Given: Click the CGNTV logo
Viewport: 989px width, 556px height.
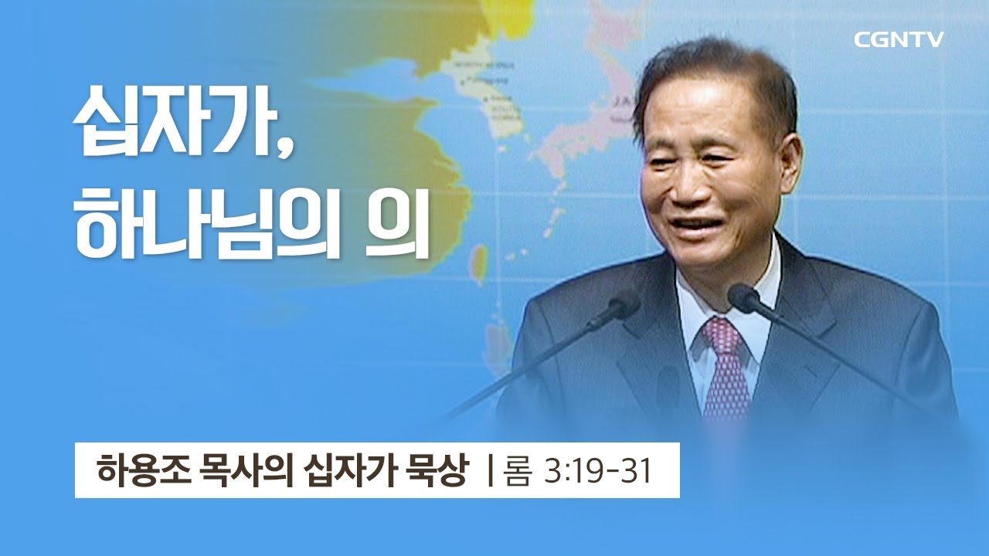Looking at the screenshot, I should [x=899, y=40].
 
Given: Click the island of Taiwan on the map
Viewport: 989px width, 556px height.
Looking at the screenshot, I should [x=480, y=263].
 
